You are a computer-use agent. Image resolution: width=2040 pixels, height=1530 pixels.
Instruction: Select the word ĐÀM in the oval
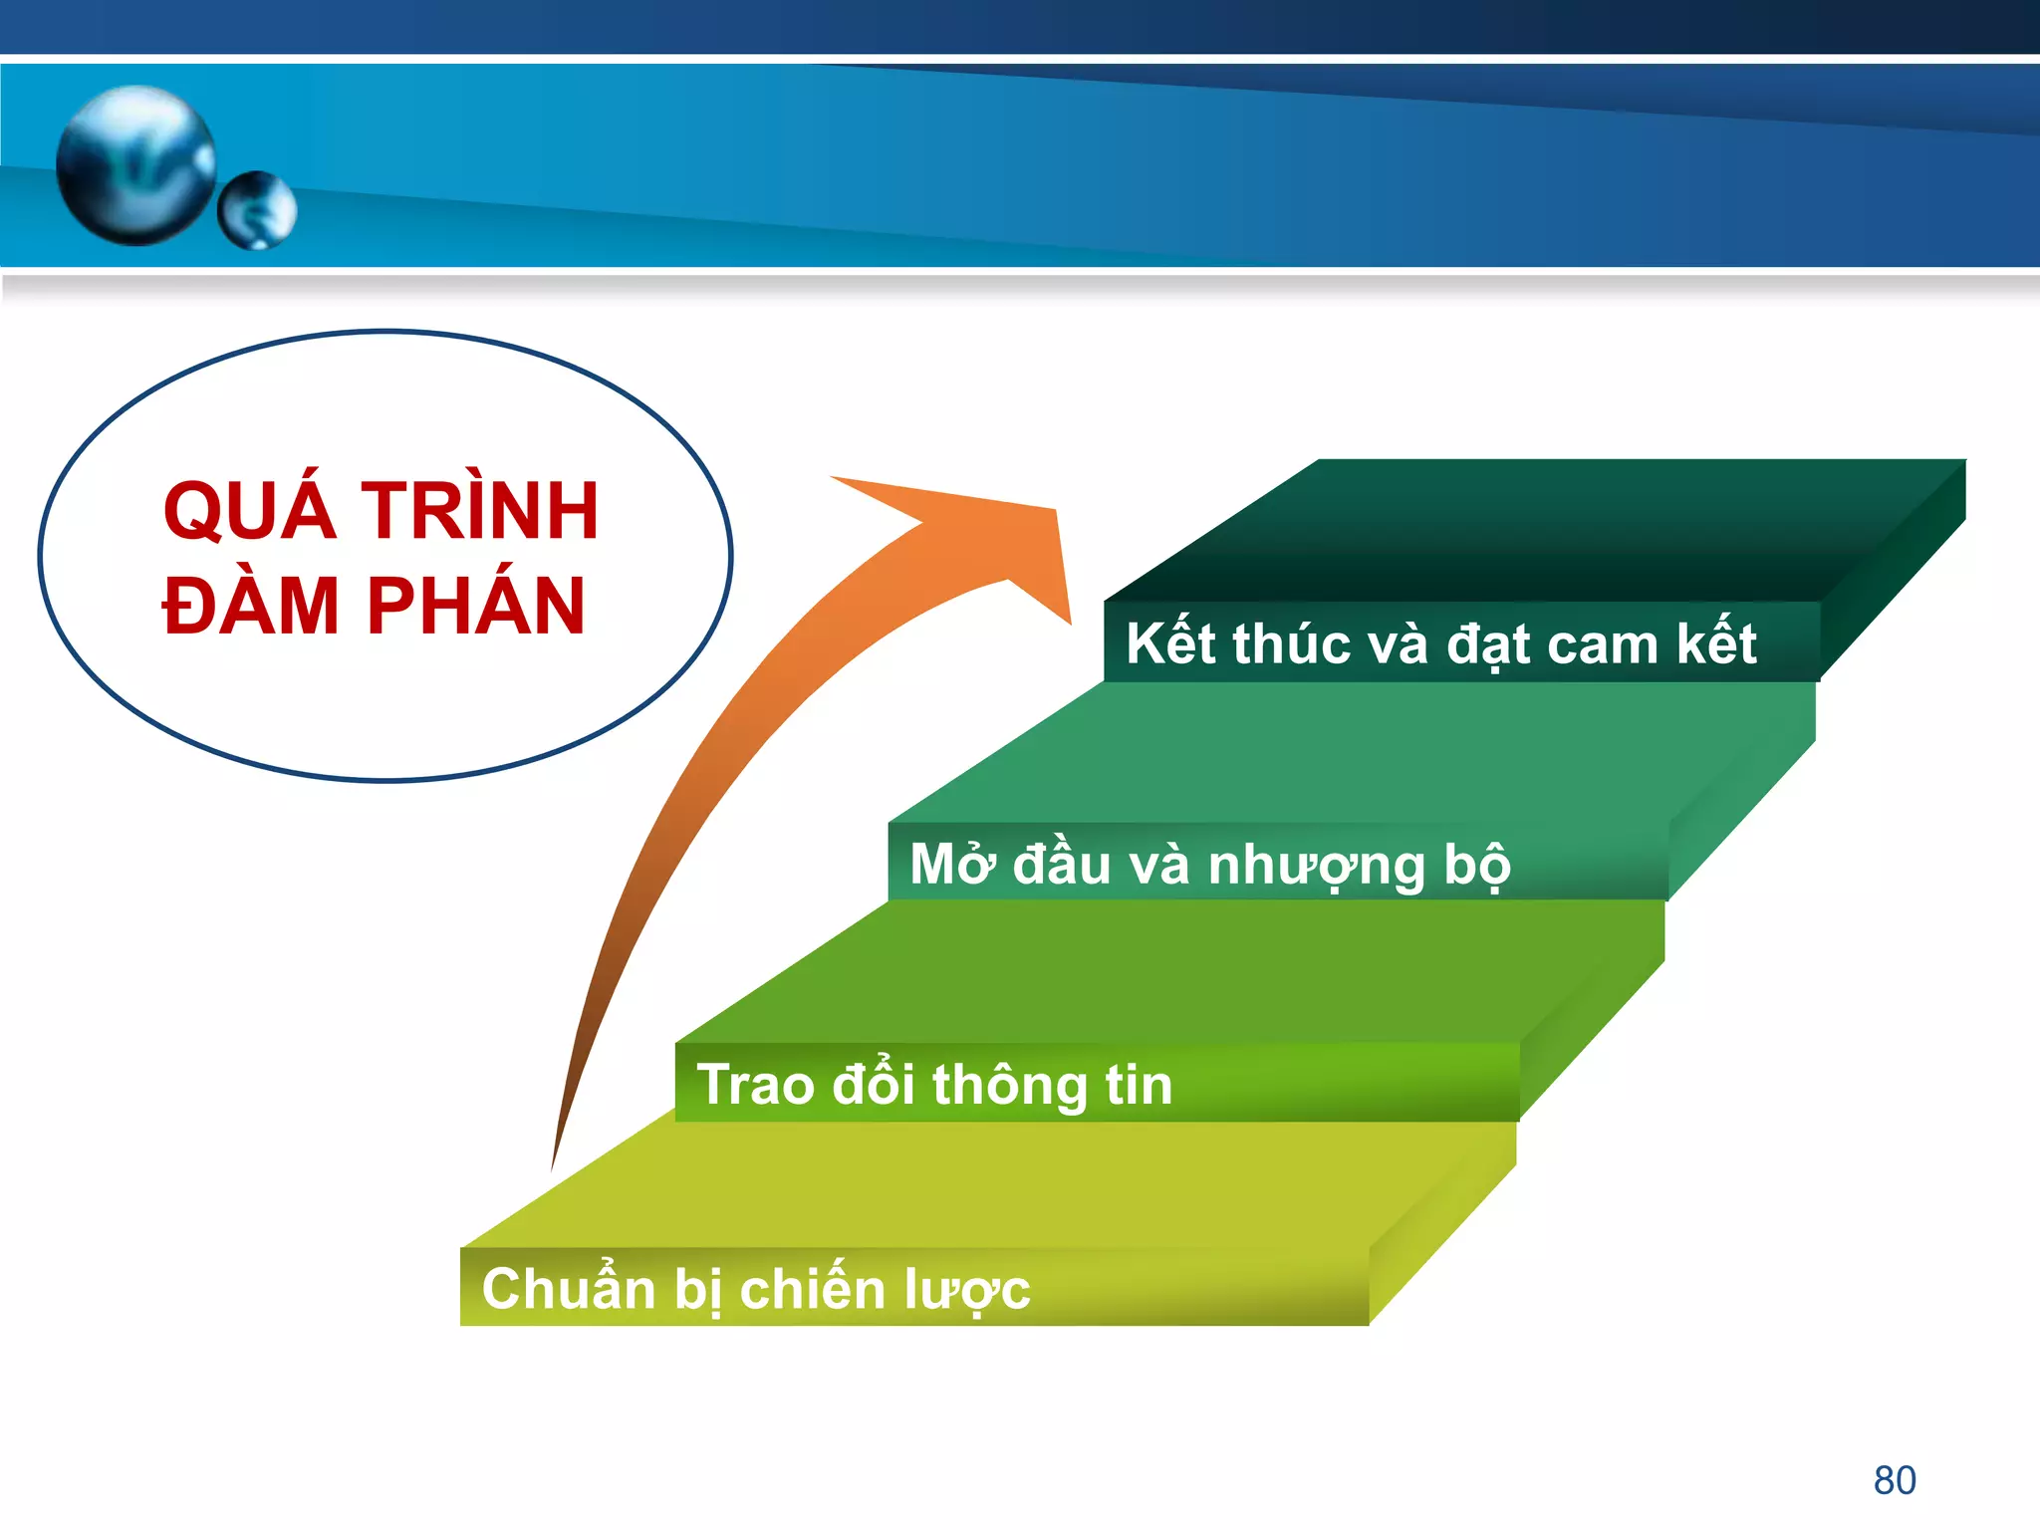[251, 605]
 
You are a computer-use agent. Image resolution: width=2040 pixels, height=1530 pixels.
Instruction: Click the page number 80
[1895, 1480]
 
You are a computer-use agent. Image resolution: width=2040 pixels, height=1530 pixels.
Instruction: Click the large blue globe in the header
[136, 164]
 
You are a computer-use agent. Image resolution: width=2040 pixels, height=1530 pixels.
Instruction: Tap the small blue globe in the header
[257, 210]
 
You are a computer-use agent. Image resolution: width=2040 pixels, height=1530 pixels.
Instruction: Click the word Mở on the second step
[952, 864]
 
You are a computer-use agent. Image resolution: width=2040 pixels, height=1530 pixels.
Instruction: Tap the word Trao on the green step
[754, 1085]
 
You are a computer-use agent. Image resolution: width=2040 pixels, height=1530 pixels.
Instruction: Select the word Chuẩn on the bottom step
[568, 1289]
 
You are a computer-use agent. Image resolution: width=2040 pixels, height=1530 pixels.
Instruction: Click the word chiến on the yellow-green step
[813, 1289]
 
